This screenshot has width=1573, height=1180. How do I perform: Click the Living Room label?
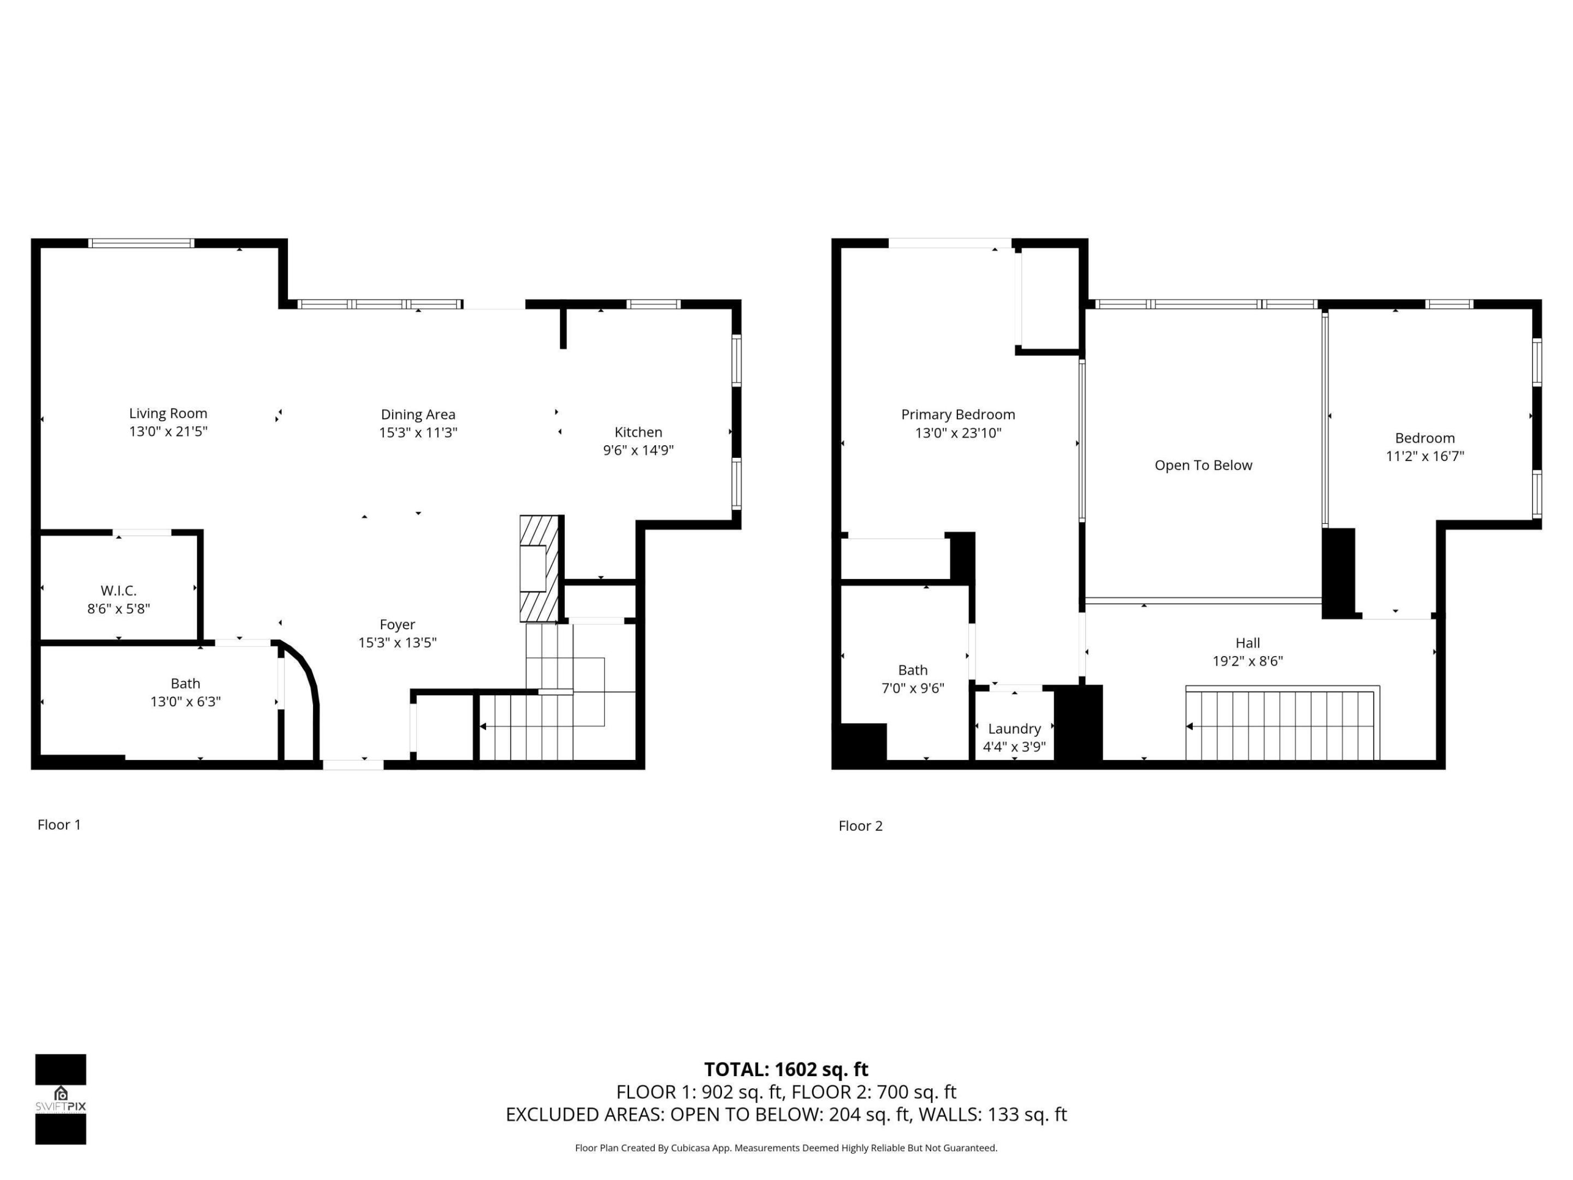pos(168,413)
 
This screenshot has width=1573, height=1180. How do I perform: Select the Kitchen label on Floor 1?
pos(638,432)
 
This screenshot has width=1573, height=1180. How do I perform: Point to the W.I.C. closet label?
pos(118,591)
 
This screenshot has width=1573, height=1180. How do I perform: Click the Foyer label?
pos(397,624)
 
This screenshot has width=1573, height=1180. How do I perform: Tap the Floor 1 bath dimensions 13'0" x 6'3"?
pos(185,702)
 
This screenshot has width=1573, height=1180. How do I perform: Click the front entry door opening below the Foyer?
pos(353,765)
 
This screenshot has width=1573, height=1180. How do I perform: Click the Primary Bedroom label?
pos(958,415)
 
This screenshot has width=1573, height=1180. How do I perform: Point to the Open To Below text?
pos(1203,465)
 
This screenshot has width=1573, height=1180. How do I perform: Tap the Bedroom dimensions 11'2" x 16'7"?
pos(1424,457)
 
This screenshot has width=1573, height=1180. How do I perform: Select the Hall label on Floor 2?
pos(1247,643)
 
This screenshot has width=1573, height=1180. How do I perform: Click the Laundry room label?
pos(1014,728)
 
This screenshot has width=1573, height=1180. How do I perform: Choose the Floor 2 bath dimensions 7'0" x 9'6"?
pos(912,688)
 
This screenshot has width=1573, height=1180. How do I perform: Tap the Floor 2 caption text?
pos(860,826)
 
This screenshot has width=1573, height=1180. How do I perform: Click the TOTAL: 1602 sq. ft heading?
pos(786,1069)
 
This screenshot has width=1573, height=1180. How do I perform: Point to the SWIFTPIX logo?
pos(61,1099)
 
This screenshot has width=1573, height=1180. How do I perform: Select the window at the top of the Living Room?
pos(141,243)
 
